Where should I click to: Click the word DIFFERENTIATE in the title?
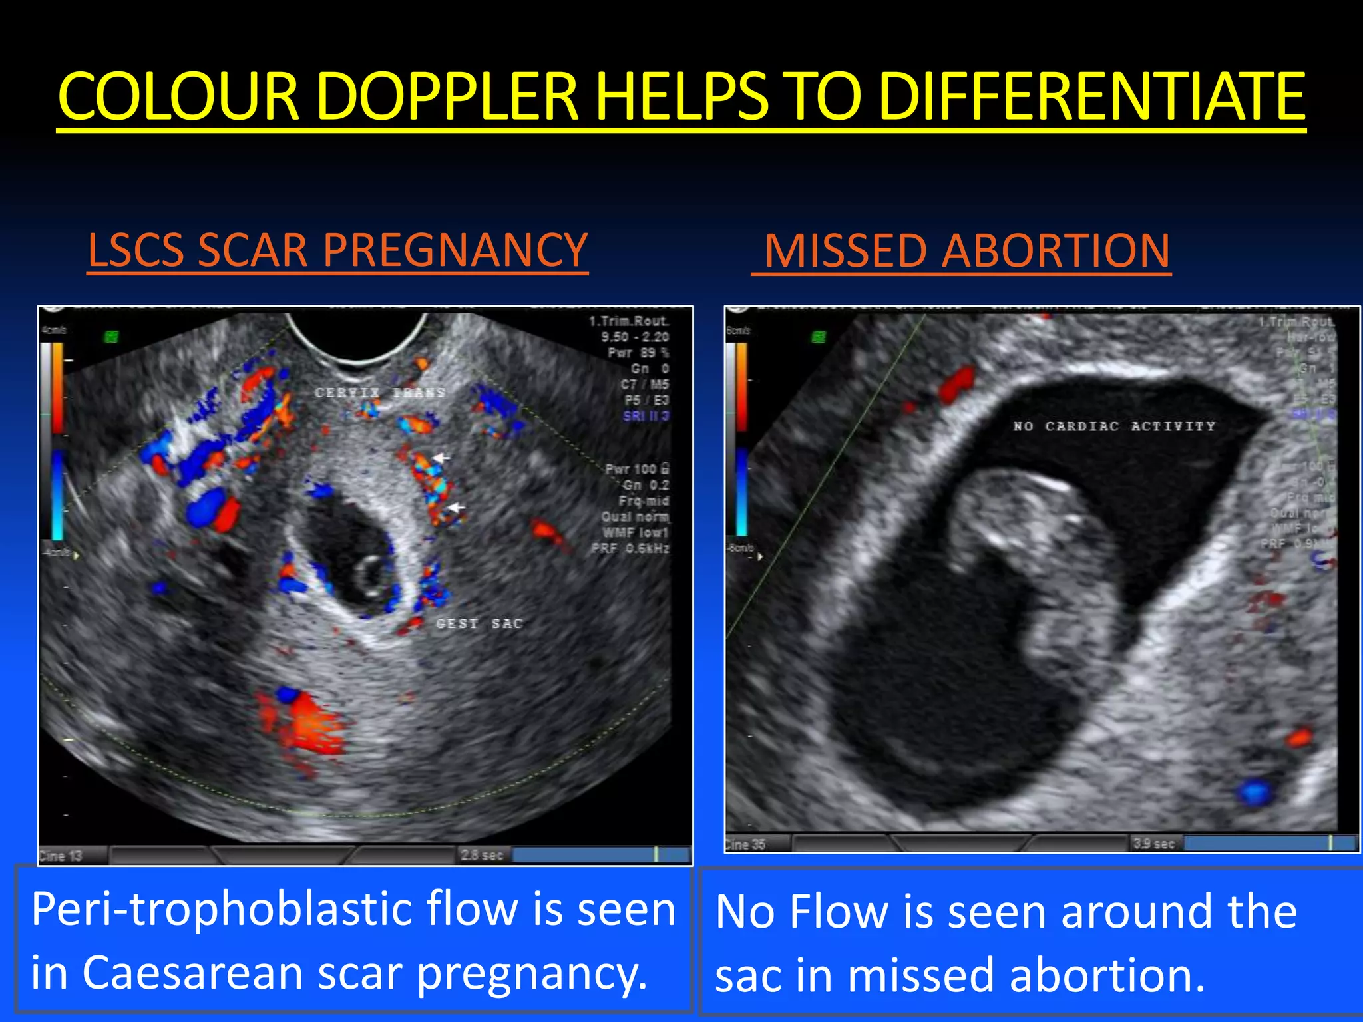click(x=1091, y=98)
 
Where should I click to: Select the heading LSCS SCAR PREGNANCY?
click(x=337, y=251)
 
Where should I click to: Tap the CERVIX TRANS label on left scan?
click(x=379, y=393)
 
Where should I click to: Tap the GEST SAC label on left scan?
click(x=479, y=624)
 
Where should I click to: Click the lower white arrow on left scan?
click(x=457, y=508)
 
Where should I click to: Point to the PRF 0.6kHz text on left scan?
click(x=630, y=548)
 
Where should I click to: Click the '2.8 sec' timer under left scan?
click(x=482, y=855)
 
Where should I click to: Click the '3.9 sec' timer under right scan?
click(x=1153, y=844)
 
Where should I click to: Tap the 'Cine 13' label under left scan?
click(x=61, y=856)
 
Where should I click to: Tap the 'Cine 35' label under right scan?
click(x=745, y=844)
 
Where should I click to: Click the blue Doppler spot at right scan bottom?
click(x=1255, y=792)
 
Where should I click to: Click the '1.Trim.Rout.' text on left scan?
click(x=628, y=321)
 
